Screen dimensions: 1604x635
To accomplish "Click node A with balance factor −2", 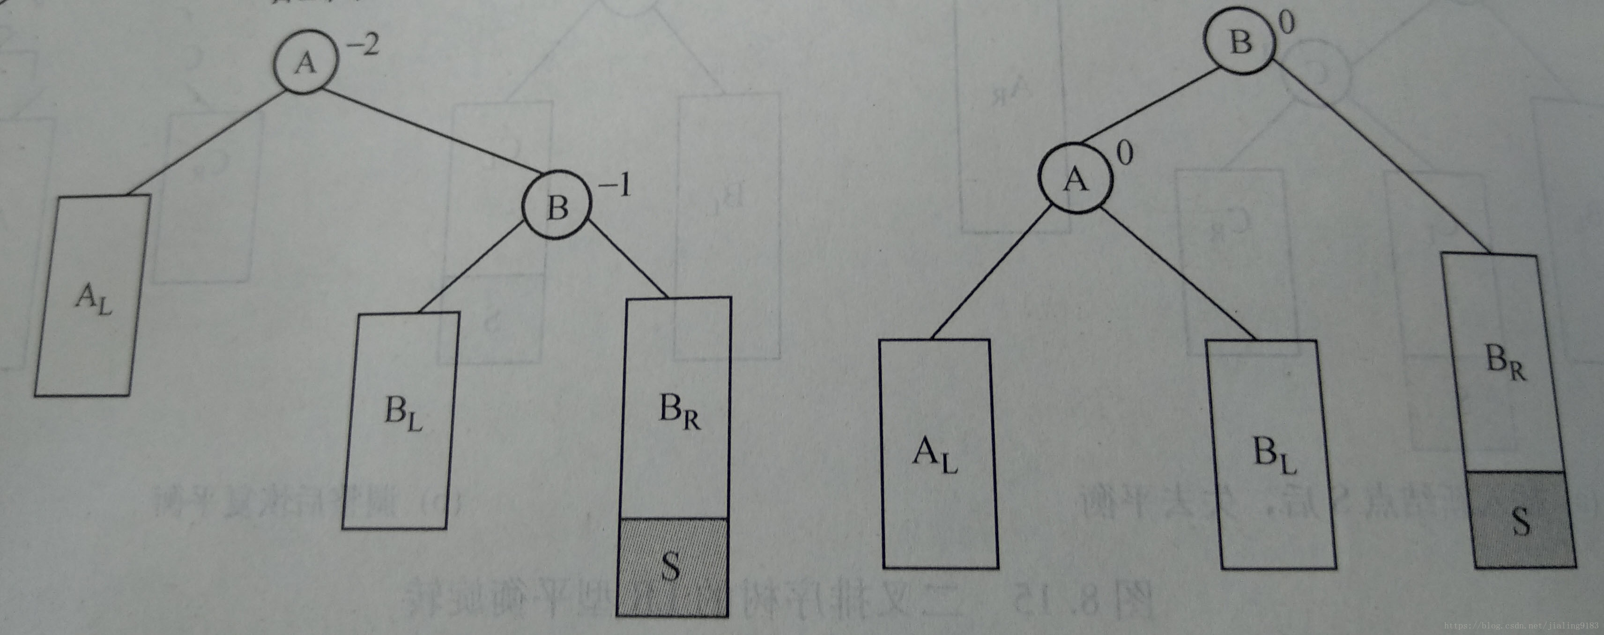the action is pyautogui.click(x=305, y=63).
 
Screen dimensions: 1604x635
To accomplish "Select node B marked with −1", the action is pyautogui.click(x=556, y=207).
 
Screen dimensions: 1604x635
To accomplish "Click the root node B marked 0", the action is pyautogui.click(x=1239, y=42).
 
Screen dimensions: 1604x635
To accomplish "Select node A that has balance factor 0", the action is pyautogui.click(x=1074, y=179).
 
